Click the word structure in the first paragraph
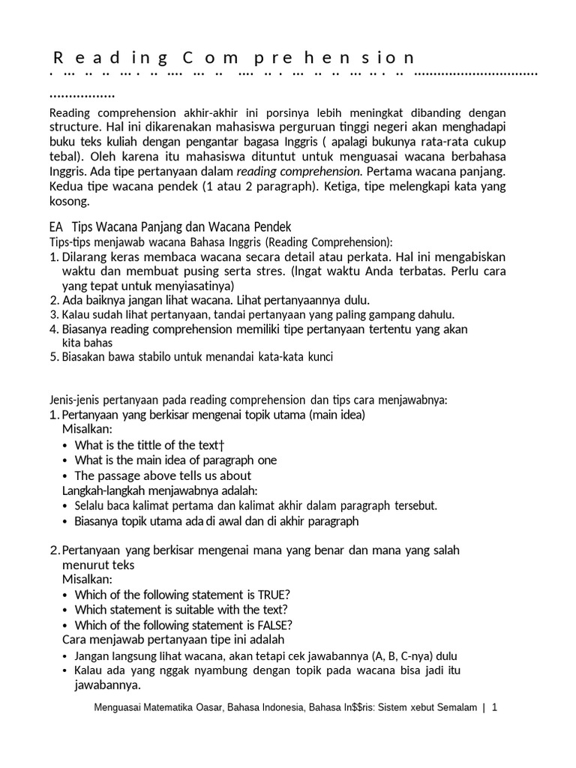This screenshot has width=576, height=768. click(x=74, y=127)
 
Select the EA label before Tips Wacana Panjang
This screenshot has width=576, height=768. click(x=55, y=226)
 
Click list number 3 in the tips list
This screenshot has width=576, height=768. click(x=53, y=315)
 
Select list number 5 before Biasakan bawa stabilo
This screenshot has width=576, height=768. click(x=53, y=357)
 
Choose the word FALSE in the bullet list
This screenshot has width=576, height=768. click(x=274, y=625)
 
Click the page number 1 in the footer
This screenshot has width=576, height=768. click(x=495, y=708)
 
